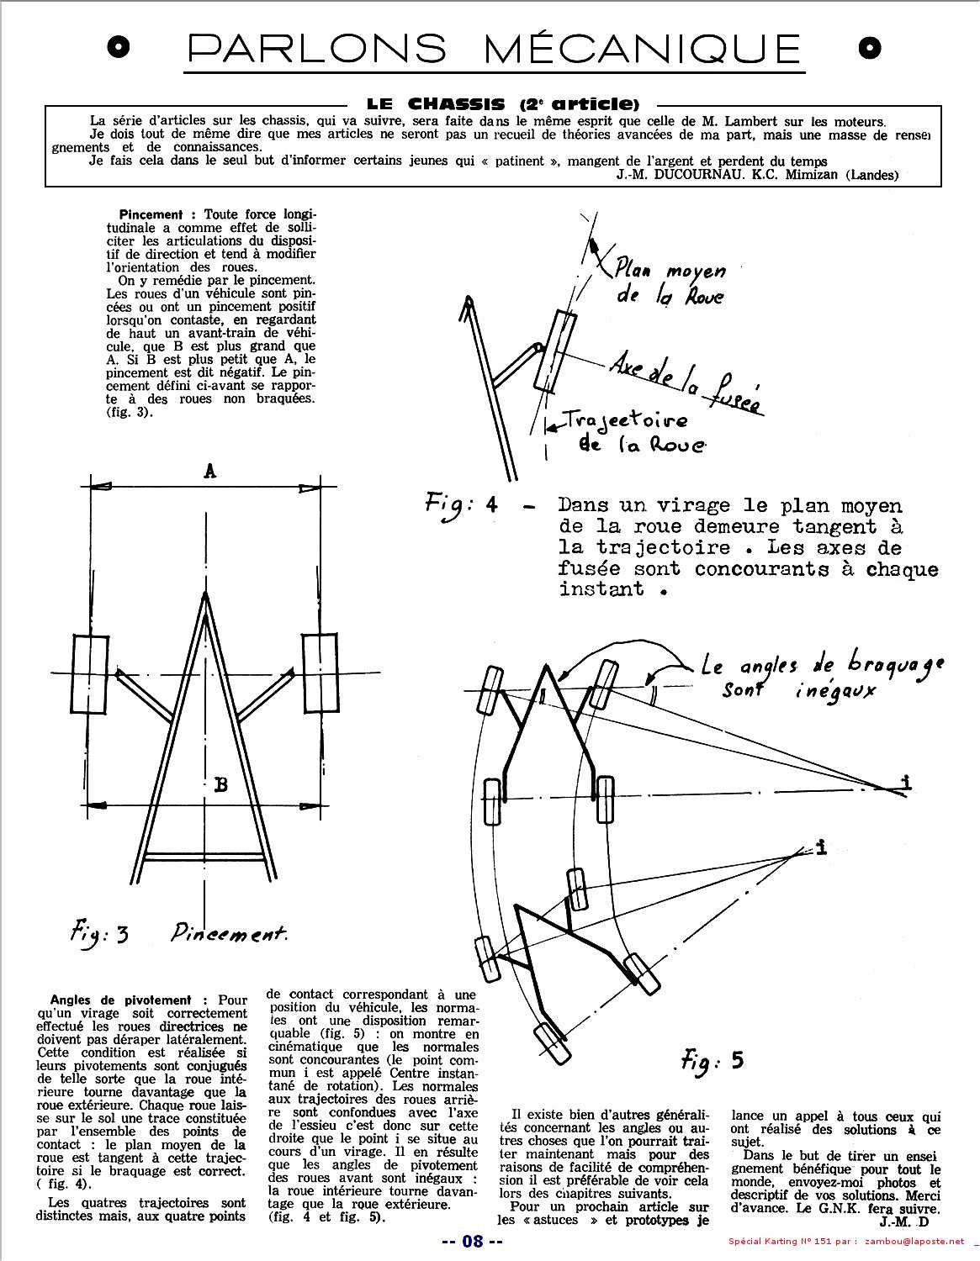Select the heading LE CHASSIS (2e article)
[x=503, y=104]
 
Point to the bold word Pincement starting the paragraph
[x=151, y=214]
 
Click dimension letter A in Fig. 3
[x=210, y=472]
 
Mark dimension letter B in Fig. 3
[x=220, y=784]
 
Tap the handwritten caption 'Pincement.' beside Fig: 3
[x=229, y=932]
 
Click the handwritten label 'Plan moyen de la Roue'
[x=669, y=283]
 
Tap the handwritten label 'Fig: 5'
[x=712, y=1061]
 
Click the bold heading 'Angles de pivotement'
[x=120, y=1000]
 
